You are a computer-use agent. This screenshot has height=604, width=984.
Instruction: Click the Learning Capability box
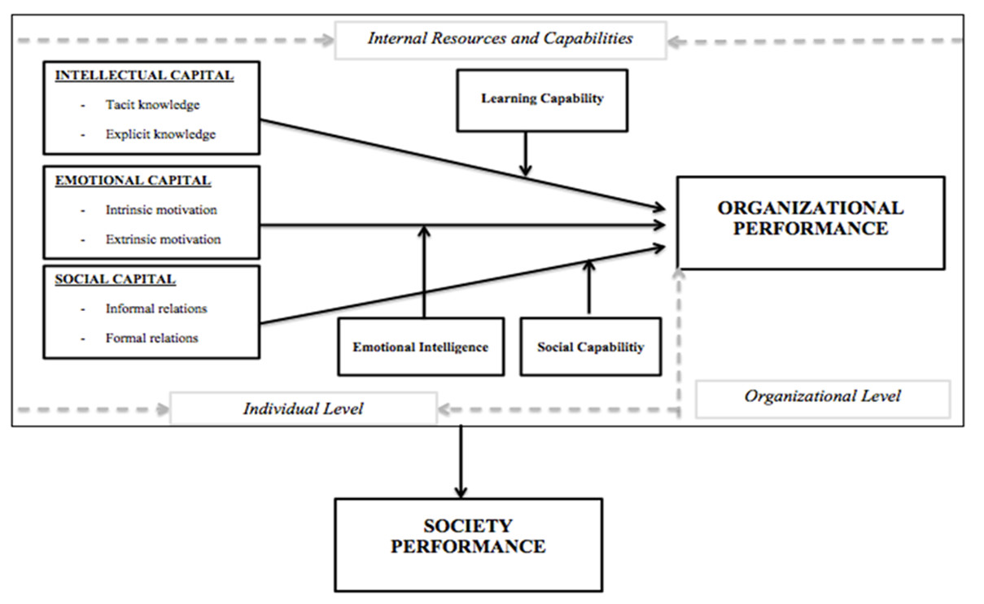tap(542, 99)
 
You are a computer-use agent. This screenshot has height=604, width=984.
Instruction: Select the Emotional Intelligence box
tap(421, 347)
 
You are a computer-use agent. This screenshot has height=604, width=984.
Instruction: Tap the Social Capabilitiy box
tap(590, 347)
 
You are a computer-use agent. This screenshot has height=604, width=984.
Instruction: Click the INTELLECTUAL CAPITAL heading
tap(144, 76)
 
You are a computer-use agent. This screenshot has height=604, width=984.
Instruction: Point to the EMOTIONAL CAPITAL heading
tap(133, 181)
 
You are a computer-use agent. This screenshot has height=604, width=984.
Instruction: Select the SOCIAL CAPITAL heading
tap(115, 279)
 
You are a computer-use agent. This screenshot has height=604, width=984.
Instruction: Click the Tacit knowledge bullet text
tap(152, 105)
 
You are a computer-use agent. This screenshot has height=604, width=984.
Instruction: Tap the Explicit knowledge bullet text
tap(160, 134)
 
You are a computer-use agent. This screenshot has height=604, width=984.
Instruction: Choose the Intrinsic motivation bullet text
tap(161, 210)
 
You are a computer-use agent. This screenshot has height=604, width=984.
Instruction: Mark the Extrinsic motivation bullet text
tap(163, 239)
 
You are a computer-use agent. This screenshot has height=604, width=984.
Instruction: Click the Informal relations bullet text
tap(156, 309)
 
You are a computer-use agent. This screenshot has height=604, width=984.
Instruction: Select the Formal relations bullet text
tap(151, 338)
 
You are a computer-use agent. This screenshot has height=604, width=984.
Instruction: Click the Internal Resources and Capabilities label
tap(500, 38)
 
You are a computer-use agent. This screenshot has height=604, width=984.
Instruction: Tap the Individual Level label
tap(303, 409)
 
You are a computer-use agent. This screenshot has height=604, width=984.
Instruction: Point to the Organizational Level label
tap(822, 396)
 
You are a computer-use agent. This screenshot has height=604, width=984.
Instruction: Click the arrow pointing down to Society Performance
tap(461, 461)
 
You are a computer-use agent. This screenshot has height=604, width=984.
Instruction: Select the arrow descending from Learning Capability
tap(526, 153)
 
